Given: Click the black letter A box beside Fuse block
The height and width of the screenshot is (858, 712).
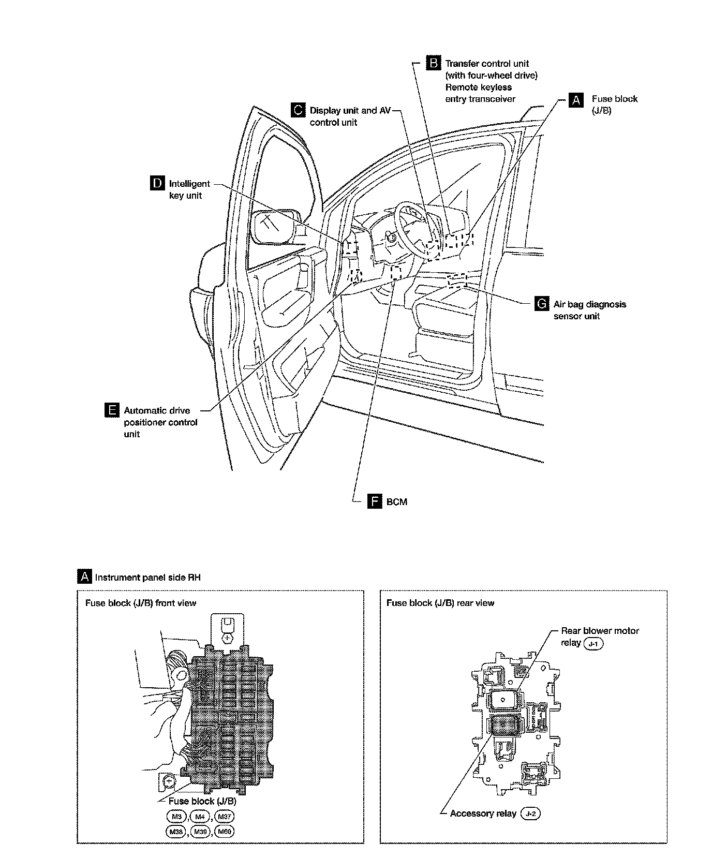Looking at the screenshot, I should [575, 100].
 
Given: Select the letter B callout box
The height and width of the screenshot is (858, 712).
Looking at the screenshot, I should [433, 63].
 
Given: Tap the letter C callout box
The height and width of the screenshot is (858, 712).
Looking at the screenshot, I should [298, 110].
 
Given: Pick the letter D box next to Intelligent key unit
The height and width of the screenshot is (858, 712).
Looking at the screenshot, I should [157, 184].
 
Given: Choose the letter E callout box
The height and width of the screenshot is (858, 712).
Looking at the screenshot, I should [111, 411].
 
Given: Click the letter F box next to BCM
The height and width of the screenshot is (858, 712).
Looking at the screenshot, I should [374, 501].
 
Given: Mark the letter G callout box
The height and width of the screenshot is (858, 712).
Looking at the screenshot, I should [541, 304].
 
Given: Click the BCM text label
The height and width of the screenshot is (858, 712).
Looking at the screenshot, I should [397, 502].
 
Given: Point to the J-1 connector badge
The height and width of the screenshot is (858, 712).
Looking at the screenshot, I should [593, 644].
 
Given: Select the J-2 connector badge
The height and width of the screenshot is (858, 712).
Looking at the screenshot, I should [530, 813].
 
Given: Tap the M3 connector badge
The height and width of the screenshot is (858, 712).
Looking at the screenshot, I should [176, 817].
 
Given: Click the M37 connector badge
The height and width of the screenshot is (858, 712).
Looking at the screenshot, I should [224, 817].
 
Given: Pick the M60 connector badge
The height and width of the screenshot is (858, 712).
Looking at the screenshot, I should [224, 831].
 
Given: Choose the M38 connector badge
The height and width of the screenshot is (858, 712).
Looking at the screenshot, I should [176, 831].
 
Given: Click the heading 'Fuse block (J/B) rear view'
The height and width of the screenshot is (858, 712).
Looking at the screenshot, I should [440, 603].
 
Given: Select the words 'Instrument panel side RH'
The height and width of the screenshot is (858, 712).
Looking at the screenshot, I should [147, 577].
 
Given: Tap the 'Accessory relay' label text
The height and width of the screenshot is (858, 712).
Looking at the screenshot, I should [483, 813].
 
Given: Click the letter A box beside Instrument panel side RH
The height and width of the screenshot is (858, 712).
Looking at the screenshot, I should [84, 577].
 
